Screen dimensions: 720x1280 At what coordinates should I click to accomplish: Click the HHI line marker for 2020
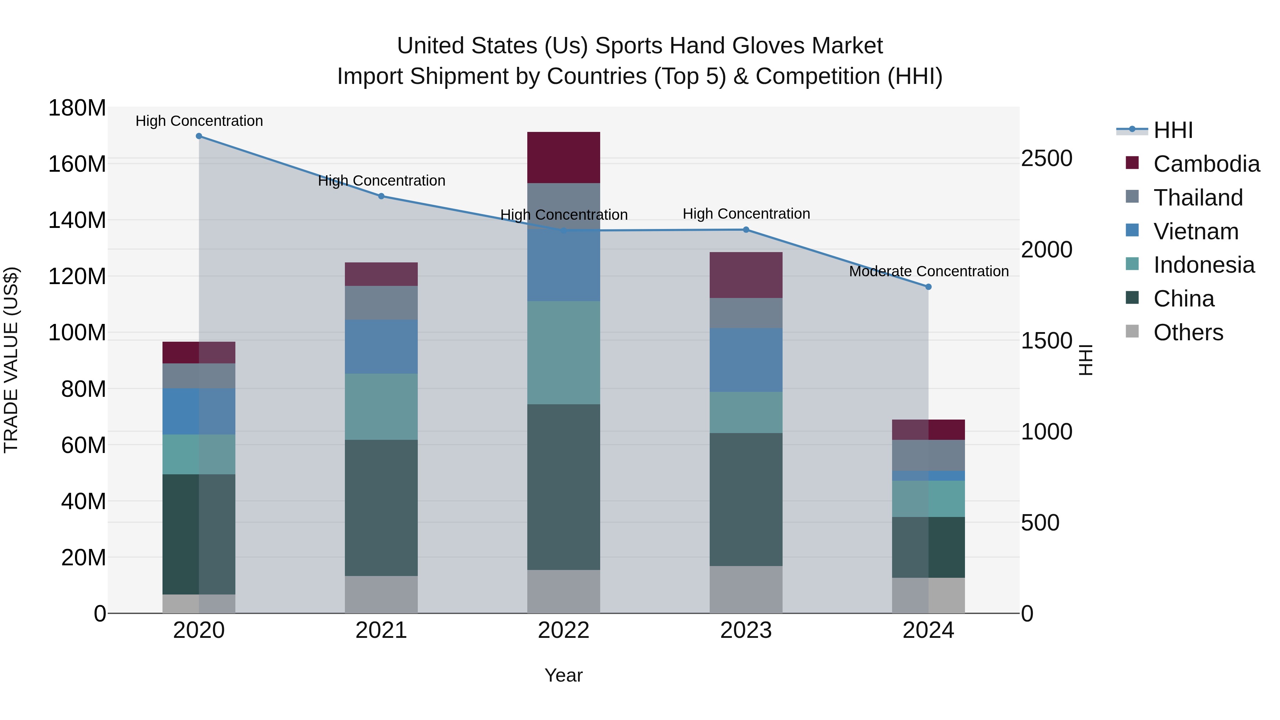pyautogui.click(x=199, y=136)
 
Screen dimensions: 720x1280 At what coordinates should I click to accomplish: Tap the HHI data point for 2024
pyautogui.click(x=928, y=287)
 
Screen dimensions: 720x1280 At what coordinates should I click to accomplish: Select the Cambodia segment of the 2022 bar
pyautogui.click(x=564, y=158)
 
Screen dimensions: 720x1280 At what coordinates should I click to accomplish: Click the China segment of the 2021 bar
pyautogui.click(x=381, y=508)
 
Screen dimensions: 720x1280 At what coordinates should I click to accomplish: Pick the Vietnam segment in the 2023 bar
pyautogui.click(x=746, y=360)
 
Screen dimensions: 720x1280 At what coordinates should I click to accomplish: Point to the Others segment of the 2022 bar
pyautogui.click(x=564, y=591)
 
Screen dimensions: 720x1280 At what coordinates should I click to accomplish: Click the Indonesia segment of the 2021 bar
pyautogui.click(x=381, y=406)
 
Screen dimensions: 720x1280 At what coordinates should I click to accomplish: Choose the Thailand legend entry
pyautogui.click(x=1198, y=198)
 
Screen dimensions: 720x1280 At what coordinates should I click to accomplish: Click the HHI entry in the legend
pyautogui.click(x=1173, y=130)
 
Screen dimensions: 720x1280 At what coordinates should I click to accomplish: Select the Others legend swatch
pyautogui.click(x=1132, y=331)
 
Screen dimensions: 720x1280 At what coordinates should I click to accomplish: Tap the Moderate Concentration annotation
pyautogui.click(x=929, y=271)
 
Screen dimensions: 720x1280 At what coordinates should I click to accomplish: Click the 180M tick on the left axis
pyautogui.click(x=77, y=108)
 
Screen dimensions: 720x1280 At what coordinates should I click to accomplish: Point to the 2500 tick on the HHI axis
pyautogui.click(x=1046, y=159)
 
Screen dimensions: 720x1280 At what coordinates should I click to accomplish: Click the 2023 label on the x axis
pyautogui.click(x=746, y=630)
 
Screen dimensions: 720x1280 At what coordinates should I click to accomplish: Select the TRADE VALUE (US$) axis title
pyautogui.click(x=11, y=360)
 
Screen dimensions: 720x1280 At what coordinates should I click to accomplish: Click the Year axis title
pyautogui.click(x=564, y=675)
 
